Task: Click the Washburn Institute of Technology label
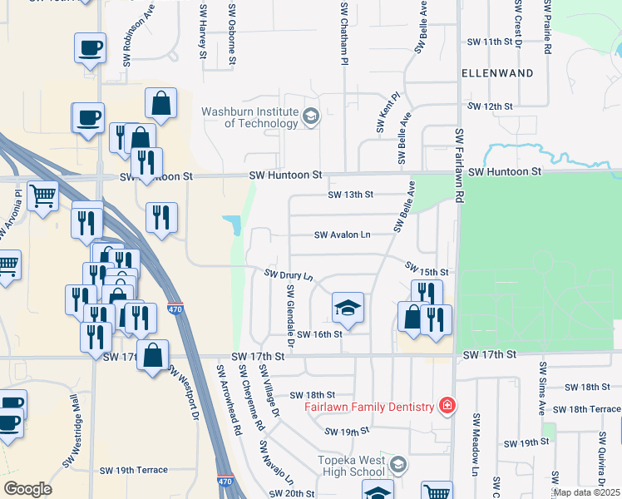click(x=249, y=117)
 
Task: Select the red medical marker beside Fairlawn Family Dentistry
click(x=447, y=406)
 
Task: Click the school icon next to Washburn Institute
click(x=311, y=116)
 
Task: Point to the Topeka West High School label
click(x=352, y=466)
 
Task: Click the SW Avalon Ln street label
click(x=342, y=235)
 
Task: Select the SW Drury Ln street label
click(x=289, y=274)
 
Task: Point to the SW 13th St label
click(x=351, y=195)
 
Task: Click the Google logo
click(x=27, y=489)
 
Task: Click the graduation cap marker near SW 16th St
click(x=348, y=309)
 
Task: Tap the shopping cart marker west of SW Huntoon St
click(x=42, y=196)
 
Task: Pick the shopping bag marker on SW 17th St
click(x=153, y=355)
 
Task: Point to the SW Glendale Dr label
click(x=291, y=316)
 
